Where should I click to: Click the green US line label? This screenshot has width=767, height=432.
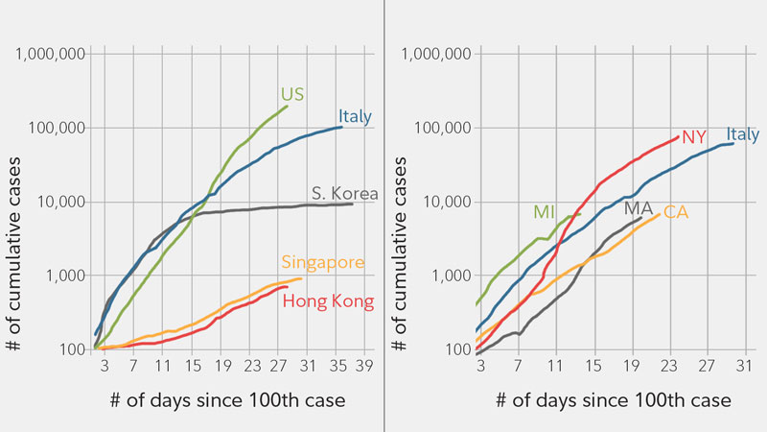pyautogui.click(x=292, y=94)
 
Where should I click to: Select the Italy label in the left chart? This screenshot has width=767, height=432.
pyautogui.click(x=355, y=117)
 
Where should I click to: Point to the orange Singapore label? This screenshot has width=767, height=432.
pyautogui.click(x=321, y=262)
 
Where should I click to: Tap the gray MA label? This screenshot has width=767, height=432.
pyautogui.click(x=638, y=208)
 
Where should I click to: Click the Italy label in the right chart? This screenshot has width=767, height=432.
pyautogui.click(x=742, y=134)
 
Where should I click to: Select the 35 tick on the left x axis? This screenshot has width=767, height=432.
pyautogui.click(x=337, y=365)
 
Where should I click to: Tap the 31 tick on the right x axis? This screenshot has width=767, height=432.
pyautogui.click(x=745, y=365)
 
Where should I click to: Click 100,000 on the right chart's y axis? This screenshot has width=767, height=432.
pyautogui.click(x=436, y=128)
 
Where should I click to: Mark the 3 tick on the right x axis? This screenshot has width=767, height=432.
pyautogui.click(x=480, y=365)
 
